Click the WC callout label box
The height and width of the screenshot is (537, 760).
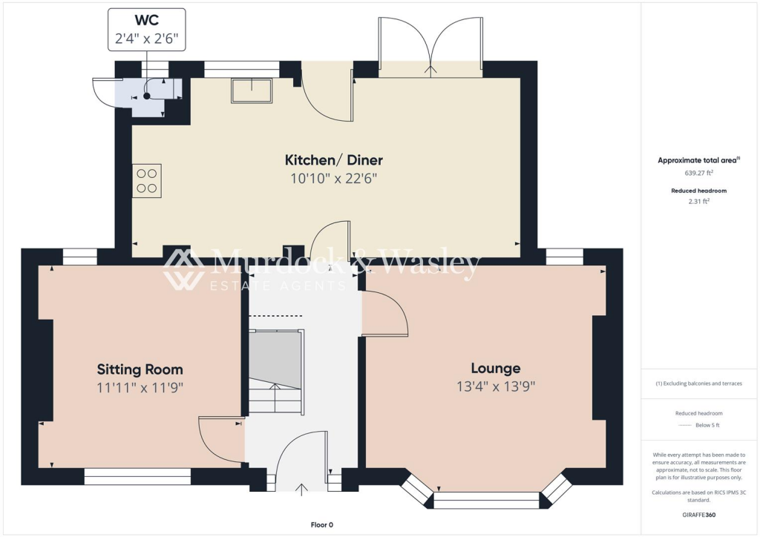click(x=147, y=30)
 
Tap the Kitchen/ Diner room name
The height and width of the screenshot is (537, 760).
click(x=334, y=160)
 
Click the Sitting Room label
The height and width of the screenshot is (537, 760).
click(x=140, y=369)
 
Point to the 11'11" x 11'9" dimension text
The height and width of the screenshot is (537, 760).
click(x=140, y=387)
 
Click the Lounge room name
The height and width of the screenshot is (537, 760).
click(x=495, y=368)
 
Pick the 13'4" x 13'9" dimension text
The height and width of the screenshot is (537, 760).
click(x=495, y=386)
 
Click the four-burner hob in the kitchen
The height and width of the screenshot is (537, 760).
click(x=147, y=180)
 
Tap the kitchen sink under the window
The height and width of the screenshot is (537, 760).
click(x=252, y=90)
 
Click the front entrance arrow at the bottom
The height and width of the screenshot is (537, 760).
click(x=302, y=488)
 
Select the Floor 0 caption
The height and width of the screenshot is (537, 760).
click(x=321, y=524)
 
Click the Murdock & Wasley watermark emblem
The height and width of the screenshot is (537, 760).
click(x=184, y=268)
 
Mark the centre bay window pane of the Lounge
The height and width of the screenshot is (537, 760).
click(x=486, y=501)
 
